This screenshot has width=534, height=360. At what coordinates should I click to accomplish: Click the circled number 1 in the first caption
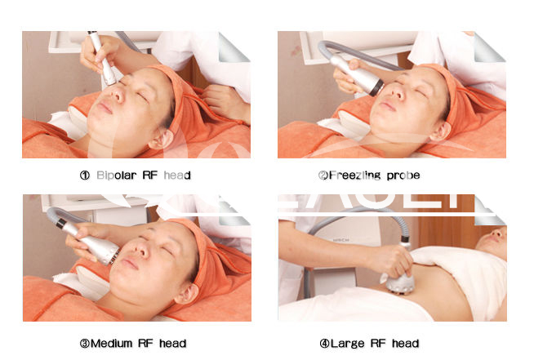pos(84,176)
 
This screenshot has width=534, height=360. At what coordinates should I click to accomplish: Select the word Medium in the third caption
pos(111,344)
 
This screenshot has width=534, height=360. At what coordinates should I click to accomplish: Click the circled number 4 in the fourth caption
pos(324,344)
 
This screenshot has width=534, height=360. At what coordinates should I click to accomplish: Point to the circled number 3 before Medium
pos(85,344)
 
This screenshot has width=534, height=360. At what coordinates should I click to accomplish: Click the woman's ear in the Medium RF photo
pos(186,294)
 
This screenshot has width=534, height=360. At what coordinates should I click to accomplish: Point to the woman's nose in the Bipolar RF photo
pos(118,94)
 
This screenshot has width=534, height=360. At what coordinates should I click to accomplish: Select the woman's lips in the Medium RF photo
pos(129,263)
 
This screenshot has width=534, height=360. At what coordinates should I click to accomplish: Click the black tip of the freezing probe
pos(376,88)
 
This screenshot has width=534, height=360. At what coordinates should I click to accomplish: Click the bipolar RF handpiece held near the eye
pos(102,58)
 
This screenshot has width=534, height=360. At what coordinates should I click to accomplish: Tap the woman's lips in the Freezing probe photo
pos(388,105)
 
